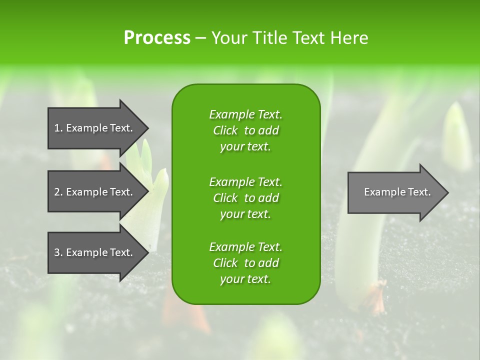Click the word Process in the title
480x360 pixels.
click(x=157, y=38)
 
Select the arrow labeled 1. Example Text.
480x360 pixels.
click(x=95, y=128)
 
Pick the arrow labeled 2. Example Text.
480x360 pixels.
click(x=95, y=192)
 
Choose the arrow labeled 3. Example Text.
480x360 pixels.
click(x=95, y=252)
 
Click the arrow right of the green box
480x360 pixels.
click(x=395, y=192)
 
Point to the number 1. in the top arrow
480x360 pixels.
click(x=58, y=128)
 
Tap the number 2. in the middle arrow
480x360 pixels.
click(x=58, y=192)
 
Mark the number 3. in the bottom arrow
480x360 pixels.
click(x=58, y=252)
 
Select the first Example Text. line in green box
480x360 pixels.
click(x=245, y=114)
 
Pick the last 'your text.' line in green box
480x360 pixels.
click(x=245, y=279)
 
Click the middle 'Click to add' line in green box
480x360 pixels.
click(x=245, y=198)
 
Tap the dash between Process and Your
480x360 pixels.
click(x=200, y=38)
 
